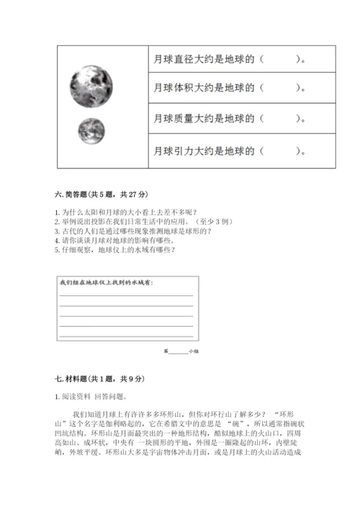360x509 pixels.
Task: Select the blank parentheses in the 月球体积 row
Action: pyautogui.click(x=278, y=89)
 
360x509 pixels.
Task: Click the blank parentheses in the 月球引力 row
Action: pyautogui.click(x=278, y=152)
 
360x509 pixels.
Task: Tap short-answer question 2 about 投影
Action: pyautogui.click(x=130, y=222)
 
